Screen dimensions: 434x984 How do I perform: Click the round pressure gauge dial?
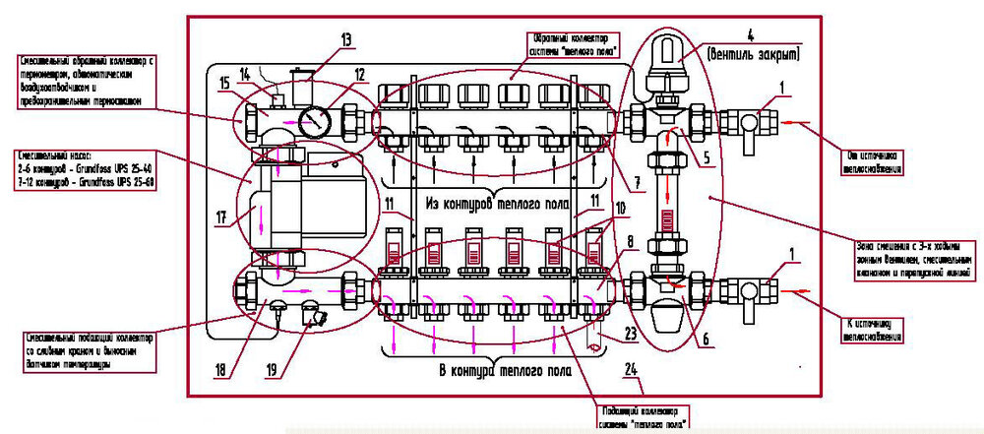[x=313, y=123]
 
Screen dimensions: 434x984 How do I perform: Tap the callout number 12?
[x=360, y=75]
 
